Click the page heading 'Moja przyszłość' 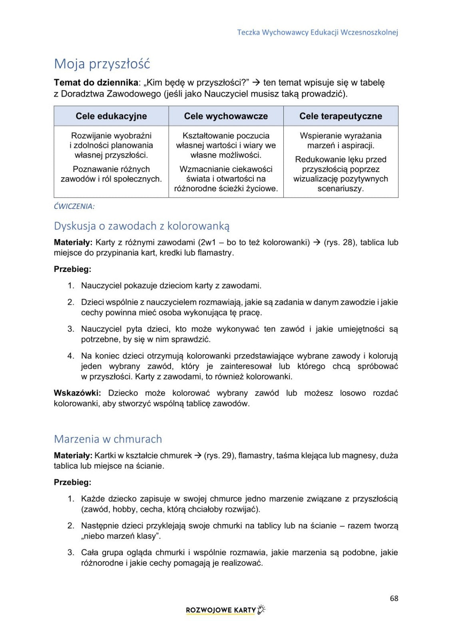pos(102,64)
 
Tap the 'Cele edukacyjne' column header pos(111,116)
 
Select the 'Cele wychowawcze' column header pos(226,116)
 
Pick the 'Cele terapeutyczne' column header pos(340,116)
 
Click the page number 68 pos(394,598)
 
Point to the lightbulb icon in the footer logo pos(261,609)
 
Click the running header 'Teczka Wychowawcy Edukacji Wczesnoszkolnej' pos(317,32)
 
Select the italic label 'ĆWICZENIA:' pos(74,206)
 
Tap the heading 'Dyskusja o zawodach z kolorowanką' pos(141,226)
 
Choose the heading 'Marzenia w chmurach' pos(108,439)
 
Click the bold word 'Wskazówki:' pos(77,393)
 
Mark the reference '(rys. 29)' pos(219,456)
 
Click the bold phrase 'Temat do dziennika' pos(96,83)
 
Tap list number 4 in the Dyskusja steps pos(70,356)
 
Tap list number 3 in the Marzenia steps pos(70,553)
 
